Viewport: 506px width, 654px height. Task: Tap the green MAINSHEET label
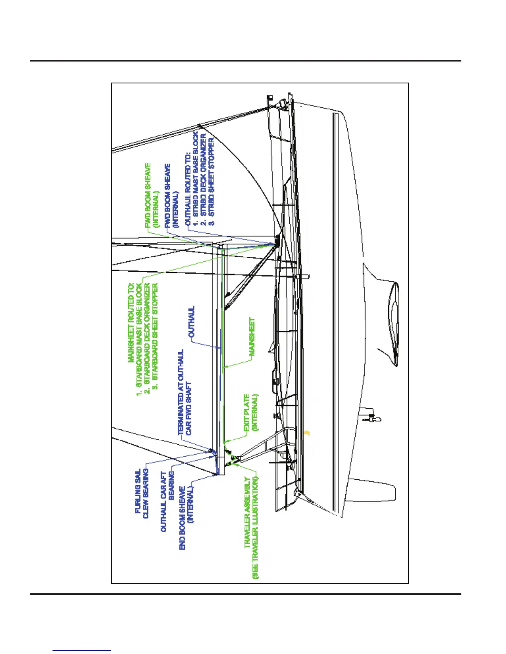pyautogui.click(x=252, y=336)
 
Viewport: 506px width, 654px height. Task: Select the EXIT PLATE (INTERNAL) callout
pyautogui.click(x=251, y=413)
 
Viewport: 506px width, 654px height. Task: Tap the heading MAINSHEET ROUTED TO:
pyautogui.click(x=131, y=322)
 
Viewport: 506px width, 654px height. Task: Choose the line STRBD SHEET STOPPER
pyautogui.click(x=211, y=181)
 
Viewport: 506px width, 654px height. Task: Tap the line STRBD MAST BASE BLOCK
pyautogui.click(x=196, y=178)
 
